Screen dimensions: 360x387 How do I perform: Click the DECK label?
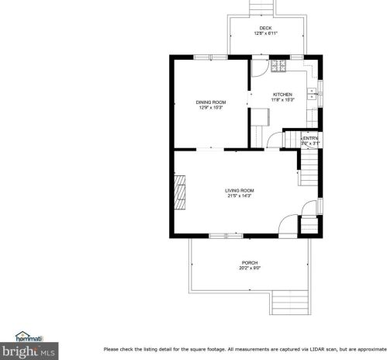266,27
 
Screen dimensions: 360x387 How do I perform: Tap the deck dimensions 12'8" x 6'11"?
266,33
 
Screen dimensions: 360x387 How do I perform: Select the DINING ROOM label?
210,102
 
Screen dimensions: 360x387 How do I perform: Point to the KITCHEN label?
282,95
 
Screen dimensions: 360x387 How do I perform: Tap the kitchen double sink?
312,95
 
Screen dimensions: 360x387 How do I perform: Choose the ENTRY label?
310,138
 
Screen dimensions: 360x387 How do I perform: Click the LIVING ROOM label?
240,190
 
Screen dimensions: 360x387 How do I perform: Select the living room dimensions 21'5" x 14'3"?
240,196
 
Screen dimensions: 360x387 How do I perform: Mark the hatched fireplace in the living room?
179,192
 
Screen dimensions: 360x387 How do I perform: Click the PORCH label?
250,263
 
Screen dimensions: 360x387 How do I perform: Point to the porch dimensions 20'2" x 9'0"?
250,268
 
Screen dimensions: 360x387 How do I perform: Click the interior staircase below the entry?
309,165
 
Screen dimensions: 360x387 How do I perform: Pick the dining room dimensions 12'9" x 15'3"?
210,108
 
